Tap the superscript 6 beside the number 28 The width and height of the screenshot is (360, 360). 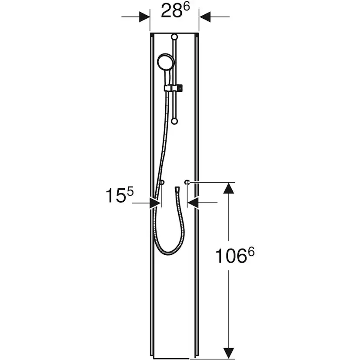[186, 7]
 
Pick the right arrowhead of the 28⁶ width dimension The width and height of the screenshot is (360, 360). [204, 17]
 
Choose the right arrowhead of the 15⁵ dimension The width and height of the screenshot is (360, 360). [193, 203]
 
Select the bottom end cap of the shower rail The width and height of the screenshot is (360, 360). [174, 122]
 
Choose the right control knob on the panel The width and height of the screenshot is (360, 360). [187, 182]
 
